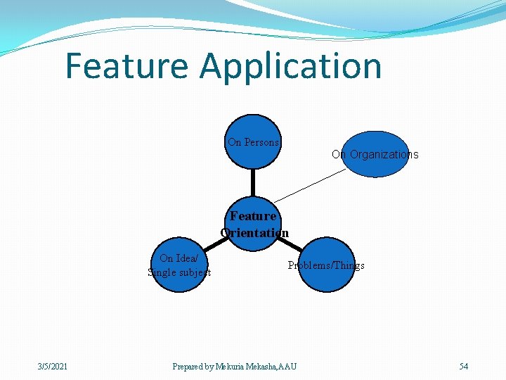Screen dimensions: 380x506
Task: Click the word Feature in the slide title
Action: pos(127,66)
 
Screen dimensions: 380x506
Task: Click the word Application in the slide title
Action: pos(290,66)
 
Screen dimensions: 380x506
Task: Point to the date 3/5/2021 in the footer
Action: pos(53,366)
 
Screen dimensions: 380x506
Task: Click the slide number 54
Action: pos(464,366)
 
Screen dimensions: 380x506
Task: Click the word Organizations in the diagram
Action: pos(384,155)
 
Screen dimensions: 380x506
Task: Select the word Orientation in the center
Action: pos(254,233)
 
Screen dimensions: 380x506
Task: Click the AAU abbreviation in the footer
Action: pos(288,366)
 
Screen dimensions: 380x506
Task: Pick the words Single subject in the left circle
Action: pos(179,272)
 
